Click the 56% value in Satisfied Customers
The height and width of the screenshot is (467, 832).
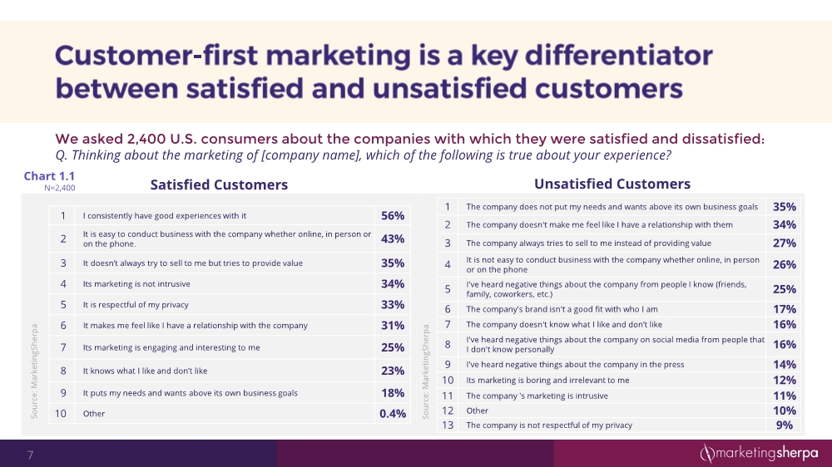pyautogui.click(x=393, y=216)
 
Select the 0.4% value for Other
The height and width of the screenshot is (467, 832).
pyautogui.click(x=393, y=413)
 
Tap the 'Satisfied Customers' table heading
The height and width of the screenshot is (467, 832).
pyautogui.click(x=219, y=184)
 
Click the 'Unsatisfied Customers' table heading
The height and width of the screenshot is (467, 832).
pyautogui.click(x=612, y=184)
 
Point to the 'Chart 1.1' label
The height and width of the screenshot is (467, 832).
pyautogui.click(x=49, y=176)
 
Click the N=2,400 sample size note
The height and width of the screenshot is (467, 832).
pyautogui.click(x=59, y=189)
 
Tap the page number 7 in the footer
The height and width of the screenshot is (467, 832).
pyautogui.click(x=31, y=455)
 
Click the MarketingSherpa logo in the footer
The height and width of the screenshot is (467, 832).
pyautogui.click(x=758, y=454)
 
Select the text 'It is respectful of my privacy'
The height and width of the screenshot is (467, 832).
pyautogui.click(x=137, y=304)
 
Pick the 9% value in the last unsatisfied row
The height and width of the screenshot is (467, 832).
pyautogui.click(x=785, y=425)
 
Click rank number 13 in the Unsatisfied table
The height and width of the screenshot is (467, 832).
pyautogui.click(x=448, y=425)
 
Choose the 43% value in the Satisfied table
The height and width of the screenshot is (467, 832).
pyautogui.click(x=393, y=239)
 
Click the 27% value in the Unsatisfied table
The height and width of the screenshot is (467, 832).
pyautogui.click(x=785, y=243)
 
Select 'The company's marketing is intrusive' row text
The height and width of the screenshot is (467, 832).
pyautogui.click(x=537, y=396)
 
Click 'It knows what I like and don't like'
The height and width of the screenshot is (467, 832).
pyautogui.click(x=146, y=371)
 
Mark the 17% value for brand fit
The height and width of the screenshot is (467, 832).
pyautogui.click(x=785, y=309)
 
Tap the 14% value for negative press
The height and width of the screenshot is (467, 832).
pyautogui.click(x=785, y=365)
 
